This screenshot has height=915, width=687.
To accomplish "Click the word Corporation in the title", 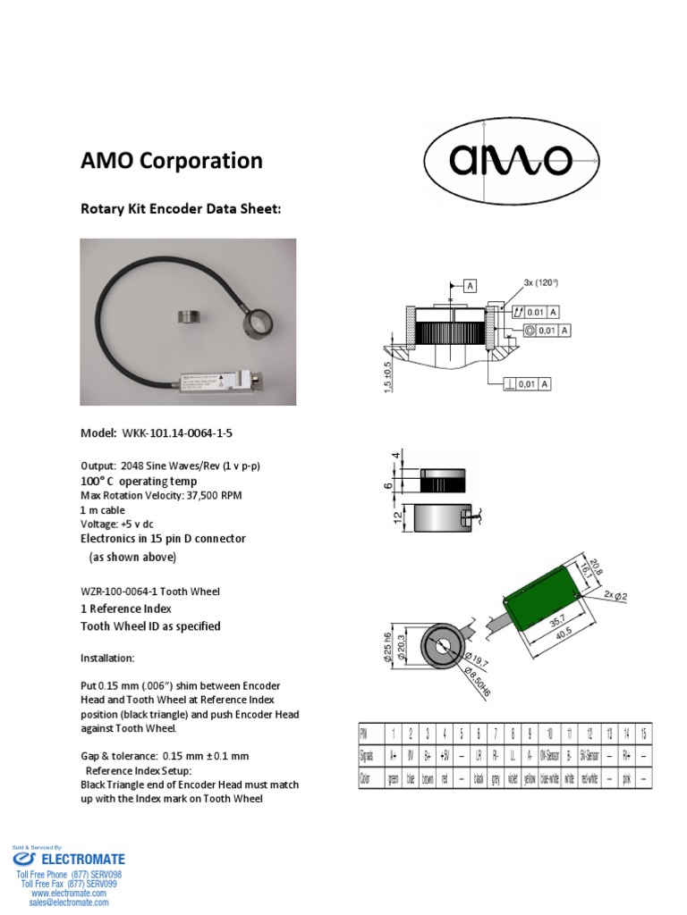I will (x=212, y=161).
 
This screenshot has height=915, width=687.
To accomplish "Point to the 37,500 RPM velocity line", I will (x=161, y=495).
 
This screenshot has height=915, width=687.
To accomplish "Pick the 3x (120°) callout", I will (x=541, y=283).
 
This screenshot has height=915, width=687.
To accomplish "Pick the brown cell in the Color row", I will (x=428, y=778).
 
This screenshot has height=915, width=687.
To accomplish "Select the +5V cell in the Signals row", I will (x=445, y=754).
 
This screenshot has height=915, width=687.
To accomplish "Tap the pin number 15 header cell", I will (x=643, y=732).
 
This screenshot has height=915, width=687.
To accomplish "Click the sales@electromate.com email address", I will (x=69, y=902).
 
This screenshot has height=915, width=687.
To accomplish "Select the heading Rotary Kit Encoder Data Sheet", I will (x=182, y=209).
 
